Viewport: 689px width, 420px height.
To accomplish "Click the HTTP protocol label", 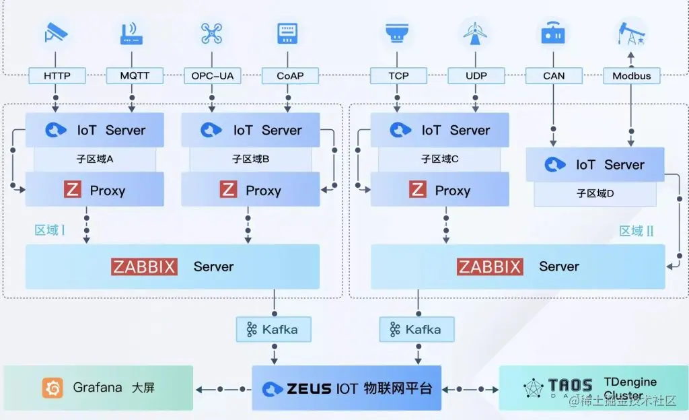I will click(x=57, y=75).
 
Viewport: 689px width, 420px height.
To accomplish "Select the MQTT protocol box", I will click(x=135, y=75).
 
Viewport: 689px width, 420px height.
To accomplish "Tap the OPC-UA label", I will click(x=213, y=75).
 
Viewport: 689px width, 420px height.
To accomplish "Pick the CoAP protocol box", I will click(x=290, y=75).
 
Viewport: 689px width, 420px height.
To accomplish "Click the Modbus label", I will click(x=631, y=75).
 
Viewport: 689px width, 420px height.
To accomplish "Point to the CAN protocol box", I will click(x=554, y=75).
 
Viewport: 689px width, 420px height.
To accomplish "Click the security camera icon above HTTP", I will click(x=56, y=33).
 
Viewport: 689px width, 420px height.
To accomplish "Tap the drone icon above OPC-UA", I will click(x=211, y=33).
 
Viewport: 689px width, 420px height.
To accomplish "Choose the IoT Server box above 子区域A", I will click(x=95, y=130).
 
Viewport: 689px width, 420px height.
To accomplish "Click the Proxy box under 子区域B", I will click(x=250, y=190).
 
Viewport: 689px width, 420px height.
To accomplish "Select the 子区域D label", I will click(x=595, y=193).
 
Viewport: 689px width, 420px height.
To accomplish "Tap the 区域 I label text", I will click(x=50, y=230).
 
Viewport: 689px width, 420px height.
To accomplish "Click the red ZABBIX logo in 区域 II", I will click(x=490, y=267).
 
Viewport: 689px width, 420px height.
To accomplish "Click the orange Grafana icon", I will click(x=52, y=388).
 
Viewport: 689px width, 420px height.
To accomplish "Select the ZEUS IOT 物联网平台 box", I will click(x=347, y=388).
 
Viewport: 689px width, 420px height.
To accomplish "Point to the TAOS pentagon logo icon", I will click(x=534, y=388).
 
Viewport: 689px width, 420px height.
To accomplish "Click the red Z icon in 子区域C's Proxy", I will click(x=418, y=190).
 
